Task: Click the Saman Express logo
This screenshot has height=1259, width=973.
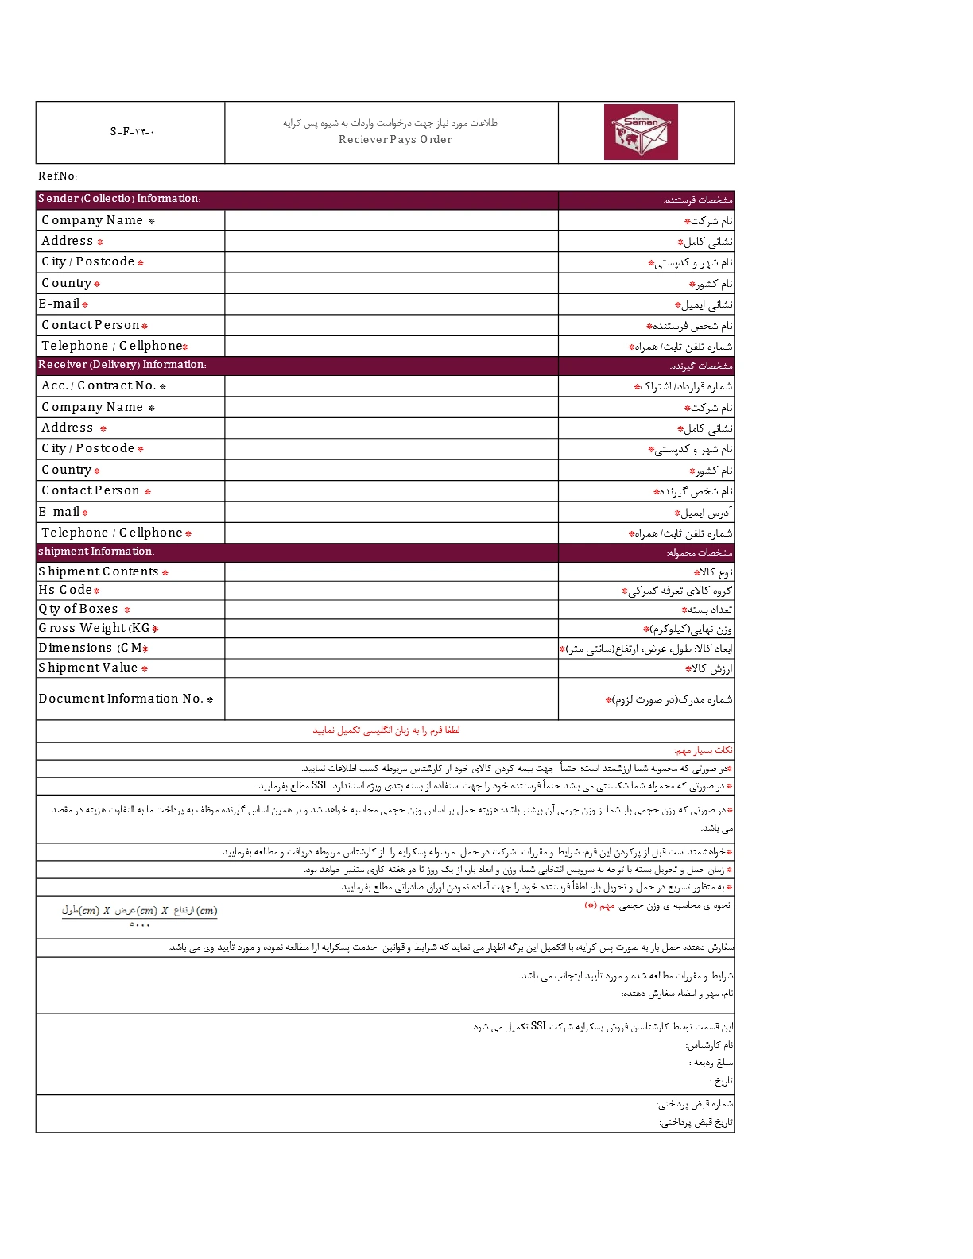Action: tap(641, 132)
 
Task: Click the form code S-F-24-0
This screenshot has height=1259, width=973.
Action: tap(132, 132)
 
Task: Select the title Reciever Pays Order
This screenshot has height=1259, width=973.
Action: tap(395, 140)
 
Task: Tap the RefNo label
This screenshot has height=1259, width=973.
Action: tap(57, 176)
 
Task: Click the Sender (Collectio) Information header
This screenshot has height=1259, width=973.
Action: tap(119, 199)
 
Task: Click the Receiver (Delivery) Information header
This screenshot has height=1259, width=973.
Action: tap(122, 365)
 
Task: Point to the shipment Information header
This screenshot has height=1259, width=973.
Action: tap(96, 552)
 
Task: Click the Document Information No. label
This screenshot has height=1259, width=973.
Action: tap(125, 699)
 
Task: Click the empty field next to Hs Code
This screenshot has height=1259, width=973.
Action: tap(391, 590)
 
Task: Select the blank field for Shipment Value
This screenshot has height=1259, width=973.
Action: tap(391, 668)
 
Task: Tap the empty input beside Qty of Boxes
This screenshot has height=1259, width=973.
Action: tap(391, 610)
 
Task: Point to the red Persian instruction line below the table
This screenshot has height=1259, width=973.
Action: tap(386, 730)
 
